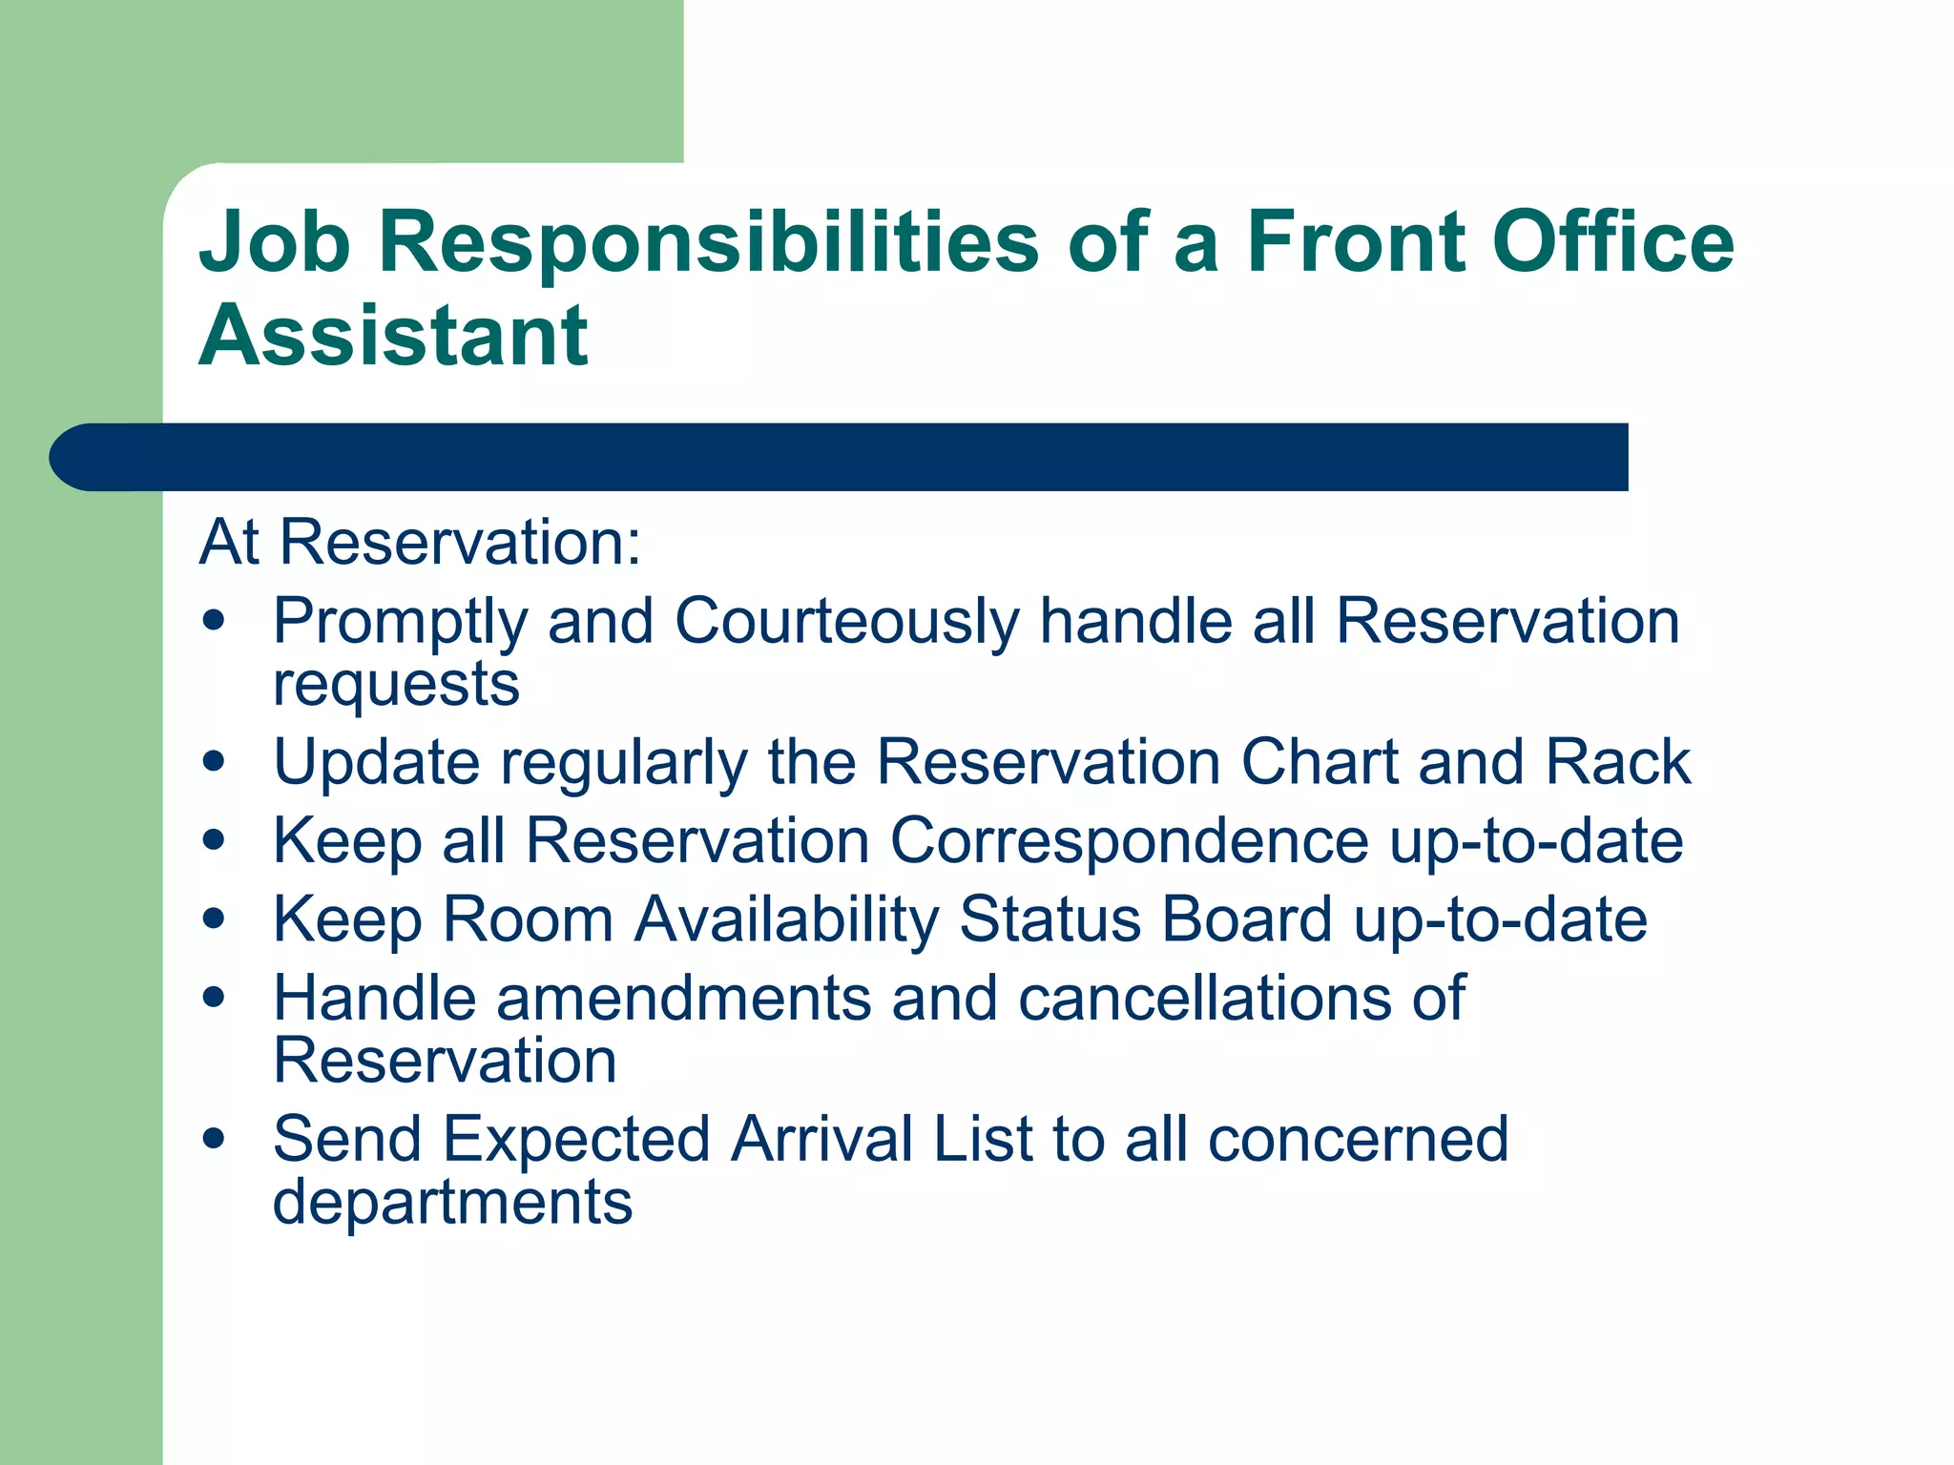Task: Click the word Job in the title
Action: pyautogui.click(x=274, y=243)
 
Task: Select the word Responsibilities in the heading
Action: pyautogui.click(x=708, y=243)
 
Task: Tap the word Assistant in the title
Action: pyautogui.click(x=393, y=336)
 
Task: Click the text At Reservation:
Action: pyautogui.click(x=420, y=542)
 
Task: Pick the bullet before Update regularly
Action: pyautogui.click(x=215, y=762)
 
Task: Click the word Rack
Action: pyautogui.click(x=1618, y=762)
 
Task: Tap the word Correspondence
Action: pyautogui.click(x=1129, y=841)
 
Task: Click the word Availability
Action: pyautogui.click(x=787, y=919)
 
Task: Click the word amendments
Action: pyautogui.click(x=683, y=999)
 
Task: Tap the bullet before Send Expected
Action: pyautogui.click(x=215, y=1138)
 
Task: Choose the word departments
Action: pyautogui.click(x=452, y=1202)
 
